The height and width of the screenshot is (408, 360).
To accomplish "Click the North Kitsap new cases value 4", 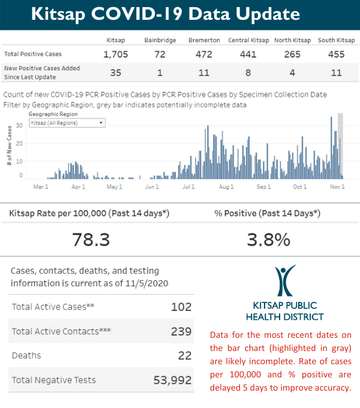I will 292,73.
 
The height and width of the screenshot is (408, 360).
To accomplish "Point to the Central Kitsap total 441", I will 248,55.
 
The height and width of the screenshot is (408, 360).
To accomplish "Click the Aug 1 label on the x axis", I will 226,187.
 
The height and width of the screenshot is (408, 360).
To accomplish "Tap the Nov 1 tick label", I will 338,187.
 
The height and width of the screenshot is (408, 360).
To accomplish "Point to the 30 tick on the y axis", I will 20,125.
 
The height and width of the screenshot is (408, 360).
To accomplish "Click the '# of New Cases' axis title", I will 10,146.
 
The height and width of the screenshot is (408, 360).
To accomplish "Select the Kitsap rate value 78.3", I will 91,240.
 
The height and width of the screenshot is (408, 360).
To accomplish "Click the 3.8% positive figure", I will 268,240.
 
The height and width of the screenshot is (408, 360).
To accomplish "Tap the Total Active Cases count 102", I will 181,307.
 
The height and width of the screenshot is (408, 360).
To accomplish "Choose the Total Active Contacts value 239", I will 181,331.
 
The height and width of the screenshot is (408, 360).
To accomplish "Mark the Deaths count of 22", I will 185,355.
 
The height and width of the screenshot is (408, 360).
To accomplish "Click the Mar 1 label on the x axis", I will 40,187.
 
